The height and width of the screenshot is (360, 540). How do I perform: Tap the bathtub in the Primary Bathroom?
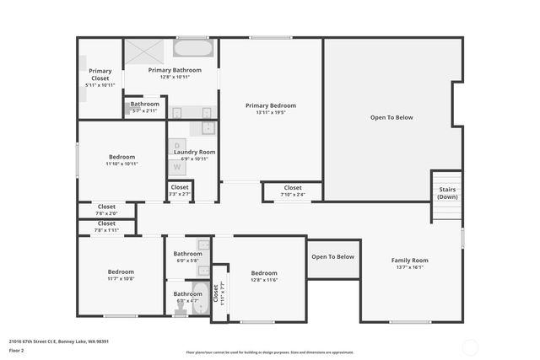click(x=194, y=48)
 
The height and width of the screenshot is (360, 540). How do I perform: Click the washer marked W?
click(x=177, y=166)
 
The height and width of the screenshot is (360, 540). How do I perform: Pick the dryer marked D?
click(x=177, y=145)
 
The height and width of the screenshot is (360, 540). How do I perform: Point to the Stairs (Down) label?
click(x=447, y=194)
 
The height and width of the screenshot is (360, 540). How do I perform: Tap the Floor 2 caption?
click(x=17, y=350)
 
